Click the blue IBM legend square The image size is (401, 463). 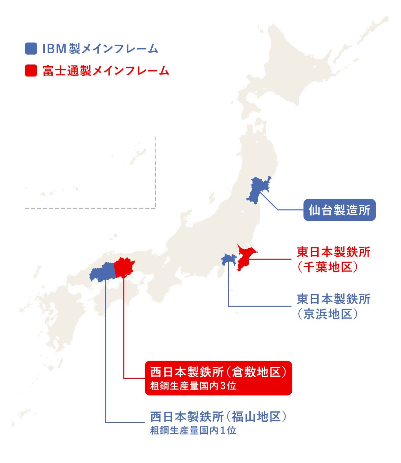click(31, 48)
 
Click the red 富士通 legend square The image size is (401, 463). click(31, 70)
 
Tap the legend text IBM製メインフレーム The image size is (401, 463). click(100, 49)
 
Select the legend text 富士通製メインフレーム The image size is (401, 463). click(106, 71)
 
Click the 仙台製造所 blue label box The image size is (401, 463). click(339, 210)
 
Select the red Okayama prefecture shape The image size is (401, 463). click(124, 267)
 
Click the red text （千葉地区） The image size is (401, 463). click(327, 267)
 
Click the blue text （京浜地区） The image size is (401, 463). click(327, 314)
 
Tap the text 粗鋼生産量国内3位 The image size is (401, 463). click(193, 386)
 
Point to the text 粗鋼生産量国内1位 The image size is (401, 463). click(193, 430)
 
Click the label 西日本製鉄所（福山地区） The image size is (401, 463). click(218, 416)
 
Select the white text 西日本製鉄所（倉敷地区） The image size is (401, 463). click(218, 372)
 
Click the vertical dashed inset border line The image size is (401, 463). click(155, 172)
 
